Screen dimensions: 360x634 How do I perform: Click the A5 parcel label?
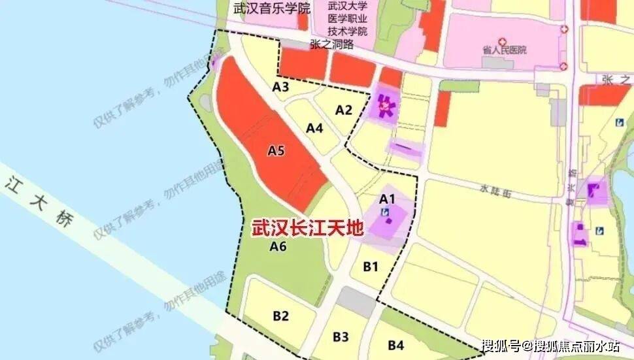(276, 150)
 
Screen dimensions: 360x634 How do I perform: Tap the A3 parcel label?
(281, 87)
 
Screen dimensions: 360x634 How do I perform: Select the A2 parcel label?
(344, 110)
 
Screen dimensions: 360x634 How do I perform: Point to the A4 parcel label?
(315, 128)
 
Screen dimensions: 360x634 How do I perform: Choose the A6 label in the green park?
(278, 246)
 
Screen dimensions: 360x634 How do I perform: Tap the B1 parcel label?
(371, 266)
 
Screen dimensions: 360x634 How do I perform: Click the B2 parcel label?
(281, 316)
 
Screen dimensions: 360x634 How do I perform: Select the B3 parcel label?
(341, 336)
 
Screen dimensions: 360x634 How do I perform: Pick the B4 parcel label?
(395, 344)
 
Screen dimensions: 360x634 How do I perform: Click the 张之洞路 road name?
(331, 44)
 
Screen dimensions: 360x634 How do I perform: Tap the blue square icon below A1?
(386, 212)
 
